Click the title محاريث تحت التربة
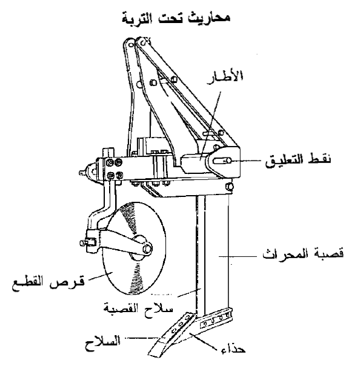point(176,18)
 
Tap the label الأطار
point(225,77)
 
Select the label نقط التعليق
point(298,159)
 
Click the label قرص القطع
point(48,283)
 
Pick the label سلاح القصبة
point(138,308)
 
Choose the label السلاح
point(102,343)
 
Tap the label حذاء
point(233,349)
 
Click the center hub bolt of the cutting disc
point(147,248)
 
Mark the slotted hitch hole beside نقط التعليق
point(222,161)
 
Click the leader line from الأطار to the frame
point(210,125)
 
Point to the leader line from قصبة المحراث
point(238,256)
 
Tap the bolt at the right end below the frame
point(229,186)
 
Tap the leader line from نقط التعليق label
point(244,161)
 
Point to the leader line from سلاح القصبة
point(189,293)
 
